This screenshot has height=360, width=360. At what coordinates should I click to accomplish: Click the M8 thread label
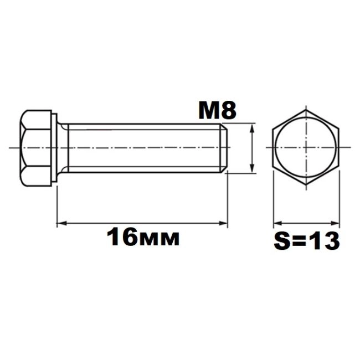pos(217,111)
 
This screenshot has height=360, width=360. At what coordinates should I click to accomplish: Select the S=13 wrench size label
pos(306,241)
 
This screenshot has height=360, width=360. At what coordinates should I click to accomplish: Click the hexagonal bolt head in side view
pos(35,148)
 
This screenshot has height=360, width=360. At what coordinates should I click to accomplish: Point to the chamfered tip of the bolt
pos(224,148)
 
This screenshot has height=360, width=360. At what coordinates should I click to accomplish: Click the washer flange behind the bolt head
pos(54,148)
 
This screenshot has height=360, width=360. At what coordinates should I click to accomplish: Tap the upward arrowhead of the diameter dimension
pos(252,128)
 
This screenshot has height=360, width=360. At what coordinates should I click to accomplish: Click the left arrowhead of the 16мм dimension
pos(61,223)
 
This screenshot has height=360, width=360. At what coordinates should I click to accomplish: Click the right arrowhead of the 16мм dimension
pos(223,223)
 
